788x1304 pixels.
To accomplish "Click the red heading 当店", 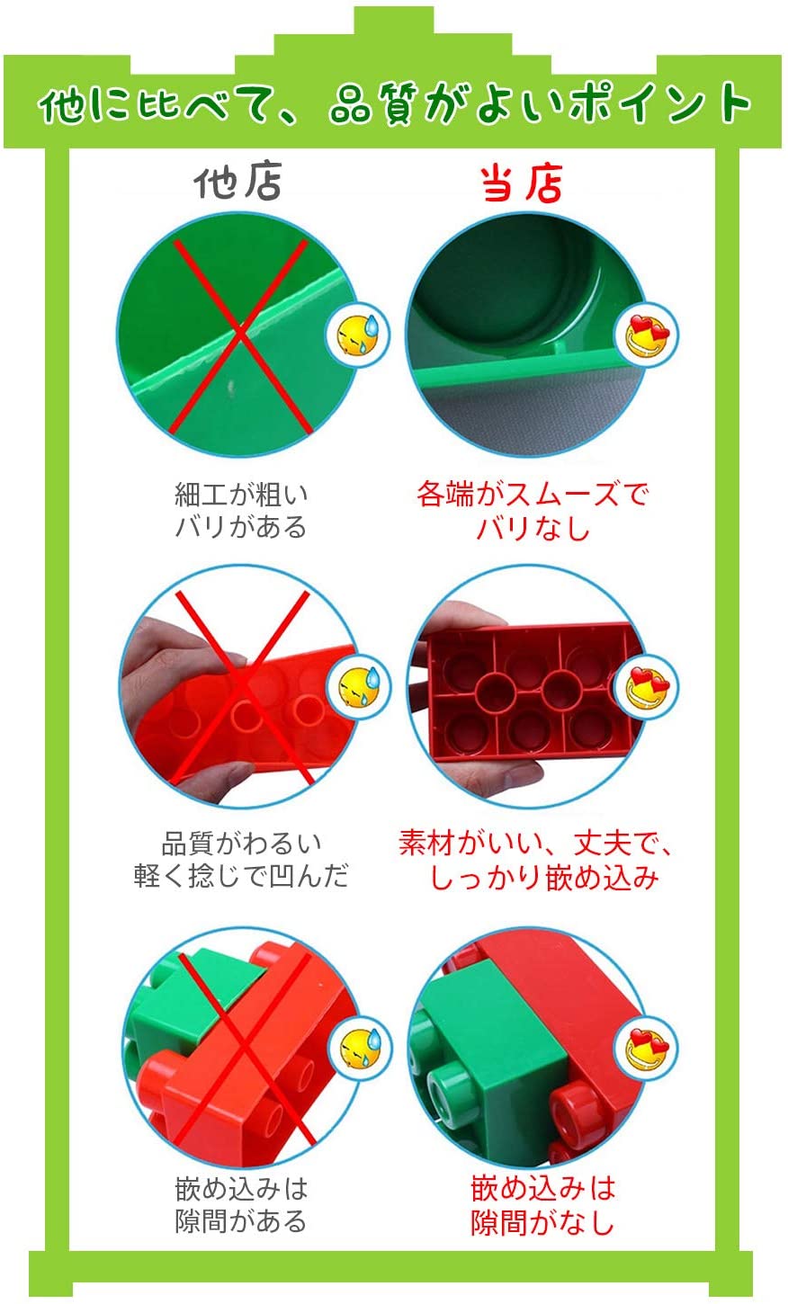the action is (522, 183).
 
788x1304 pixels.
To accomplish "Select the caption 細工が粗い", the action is (241, 495).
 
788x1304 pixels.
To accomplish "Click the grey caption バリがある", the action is (241, 527).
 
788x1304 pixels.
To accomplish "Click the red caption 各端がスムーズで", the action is (533, 495).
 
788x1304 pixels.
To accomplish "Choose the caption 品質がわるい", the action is (241, 844).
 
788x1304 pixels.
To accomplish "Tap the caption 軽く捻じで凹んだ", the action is (241, 876).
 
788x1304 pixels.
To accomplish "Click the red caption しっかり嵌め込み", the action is (544, 878).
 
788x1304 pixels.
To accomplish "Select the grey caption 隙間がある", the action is (241, 1220).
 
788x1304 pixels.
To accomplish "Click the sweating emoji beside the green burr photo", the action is (358, 335).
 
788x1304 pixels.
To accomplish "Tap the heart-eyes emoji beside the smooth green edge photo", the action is (647, 335).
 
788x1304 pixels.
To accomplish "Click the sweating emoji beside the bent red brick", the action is (359, 687).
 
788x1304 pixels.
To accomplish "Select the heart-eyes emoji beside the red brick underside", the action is (648, 686).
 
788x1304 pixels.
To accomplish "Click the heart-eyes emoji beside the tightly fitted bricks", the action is (647, 1049).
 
